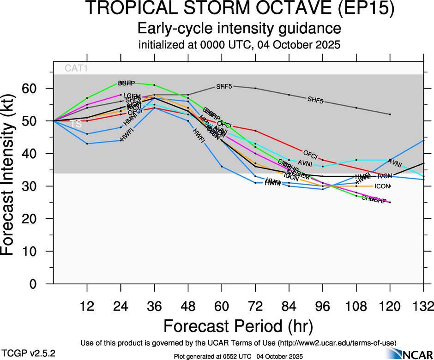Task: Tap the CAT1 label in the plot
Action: click(76, 68)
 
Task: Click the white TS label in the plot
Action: click(76, 124)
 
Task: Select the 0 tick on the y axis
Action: click(42, 284)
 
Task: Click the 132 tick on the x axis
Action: click(423, 306)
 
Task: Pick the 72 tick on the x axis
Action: click(255, 306)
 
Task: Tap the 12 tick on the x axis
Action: click(87, 306)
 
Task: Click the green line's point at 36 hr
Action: click(154, 85)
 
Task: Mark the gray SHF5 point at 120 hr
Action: click(390, 114)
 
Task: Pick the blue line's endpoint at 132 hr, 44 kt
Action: click(423, 140)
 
